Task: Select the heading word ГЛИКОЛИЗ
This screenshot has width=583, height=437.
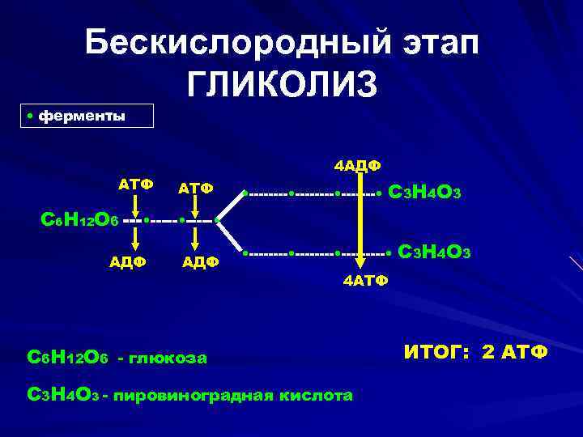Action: (283, 84)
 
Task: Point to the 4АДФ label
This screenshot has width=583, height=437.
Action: (358, 166)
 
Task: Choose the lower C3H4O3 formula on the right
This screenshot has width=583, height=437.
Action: (436, 252)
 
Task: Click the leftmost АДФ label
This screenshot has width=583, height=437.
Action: (128, 261)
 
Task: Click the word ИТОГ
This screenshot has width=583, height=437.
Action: (438, 353)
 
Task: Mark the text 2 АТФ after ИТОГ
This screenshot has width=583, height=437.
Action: (512, 353)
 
